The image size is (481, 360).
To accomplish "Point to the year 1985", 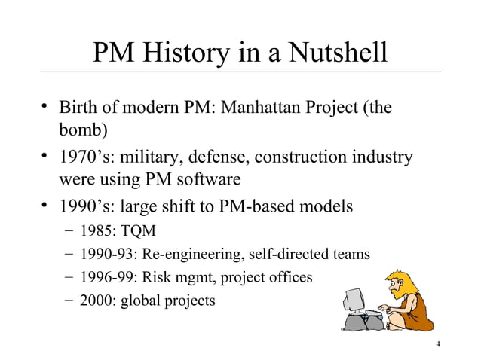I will [102, 230].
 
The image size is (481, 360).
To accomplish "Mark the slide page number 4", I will [438, 346].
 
